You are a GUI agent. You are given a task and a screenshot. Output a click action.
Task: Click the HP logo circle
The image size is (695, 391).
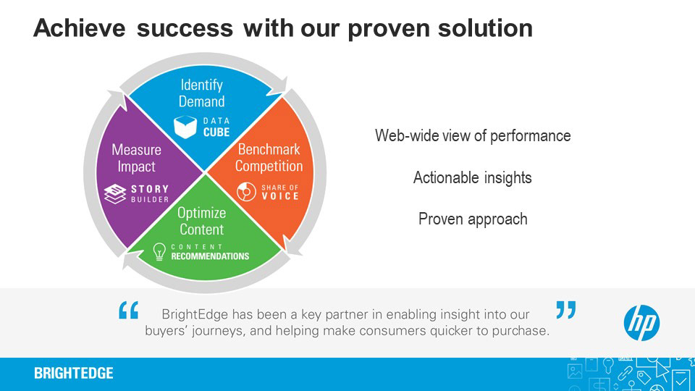tap(641, 322)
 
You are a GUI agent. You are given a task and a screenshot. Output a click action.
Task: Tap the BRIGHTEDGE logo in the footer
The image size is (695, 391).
tap(74, 374)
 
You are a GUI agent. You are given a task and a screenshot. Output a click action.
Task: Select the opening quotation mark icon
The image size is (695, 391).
tap(128, 311)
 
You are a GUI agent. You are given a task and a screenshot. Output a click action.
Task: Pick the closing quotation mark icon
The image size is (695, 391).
tap(565, 310)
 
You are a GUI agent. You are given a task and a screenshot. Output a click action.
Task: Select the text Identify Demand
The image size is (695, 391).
tap(202, 93)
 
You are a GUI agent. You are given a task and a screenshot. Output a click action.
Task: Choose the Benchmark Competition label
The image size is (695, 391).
tap(269, 158)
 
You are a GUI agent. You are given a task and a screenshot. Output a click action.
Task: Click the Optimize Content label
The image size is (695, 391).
tap(202, 221)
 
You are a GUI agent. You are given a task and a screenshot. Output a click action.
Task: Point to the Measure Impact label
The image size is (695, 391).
tap(136, 158)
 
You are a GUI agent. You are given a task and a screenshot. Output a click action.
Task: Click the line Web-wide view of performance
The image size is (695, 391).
tap(473, 135)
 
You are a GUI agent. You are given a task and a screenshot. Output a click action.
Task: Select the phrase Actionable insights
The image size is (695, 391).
tap(473, 177)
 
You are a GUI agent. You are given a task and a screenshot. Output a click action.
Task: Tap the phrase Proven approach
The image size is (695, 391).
tap(473, 219)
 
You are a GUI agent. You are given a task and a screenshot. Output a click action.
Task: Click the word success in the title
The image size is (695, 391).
tap(185, 28)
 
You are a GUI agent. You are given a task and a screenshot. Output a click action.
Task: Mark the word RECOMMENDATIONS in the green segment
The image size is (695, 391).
tap(210, 256)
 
